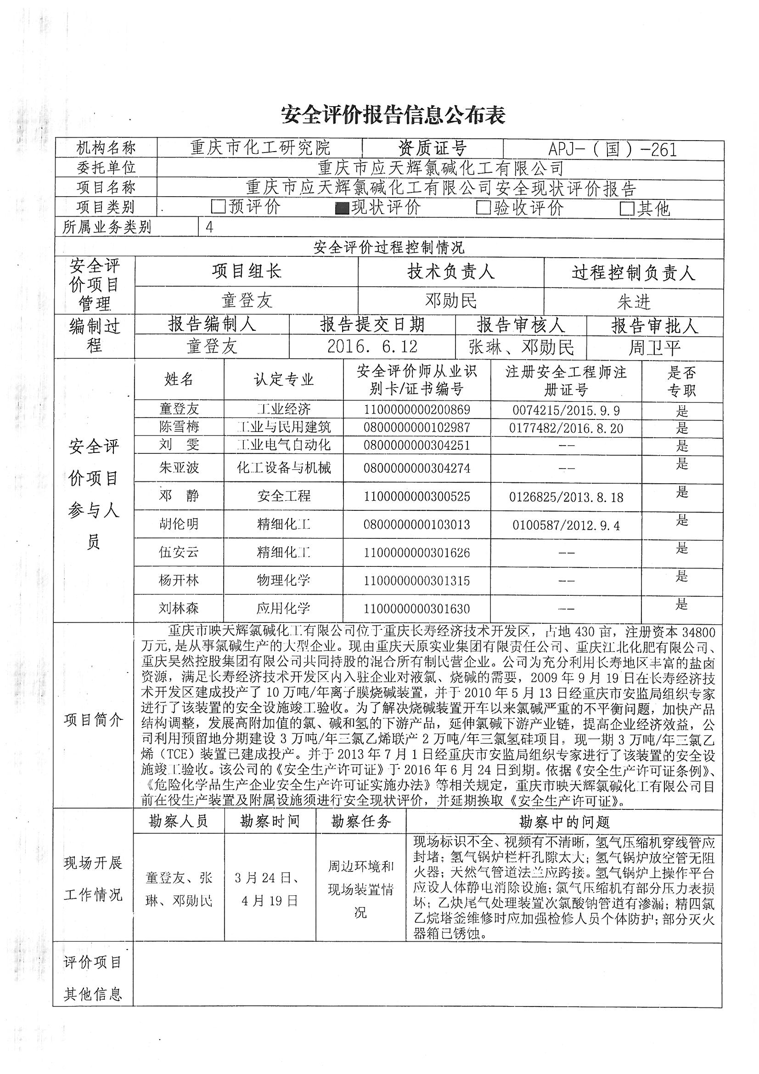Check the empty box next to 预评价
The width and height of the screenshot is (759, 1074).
[x=219, y=207]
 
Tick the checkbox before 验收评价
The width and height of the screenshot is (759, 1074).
[x=483, y=208]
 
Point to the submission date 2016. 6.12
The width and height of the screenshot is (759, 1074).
[x=372, y=347]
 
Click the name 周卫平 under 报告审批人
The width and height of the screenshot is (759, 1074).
[x=654, y=348]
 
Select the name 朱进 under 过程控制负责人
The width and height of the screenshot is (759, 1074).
[x=634, y=302]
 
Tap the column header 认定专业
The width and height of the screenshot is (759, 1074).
[x=283, y=379]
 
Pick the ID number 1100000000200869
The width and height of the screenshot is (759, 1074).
[x=416, y=410]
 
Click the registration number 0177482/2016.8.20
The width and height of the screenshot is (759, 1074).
[x=566, y=429]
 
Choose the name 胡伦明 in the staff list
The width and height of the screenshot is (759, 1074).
[x=179, y=524]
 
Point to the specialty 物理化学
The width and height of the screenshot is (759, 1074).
[x=283, y=581]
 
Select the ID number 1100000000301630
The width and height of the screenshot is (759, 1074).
[x=416, y=609]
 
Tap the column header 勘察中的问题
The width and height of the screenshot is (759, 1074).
[x=564, y=822]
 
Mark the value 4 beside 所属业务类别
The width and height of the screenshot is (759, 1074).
[x=209, y=227]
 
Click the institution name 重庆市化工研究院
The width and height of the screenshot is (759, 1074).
[x=260, y=149]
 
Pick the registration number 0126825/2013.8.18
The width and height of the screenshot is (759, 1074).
[x=566, y=497]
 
